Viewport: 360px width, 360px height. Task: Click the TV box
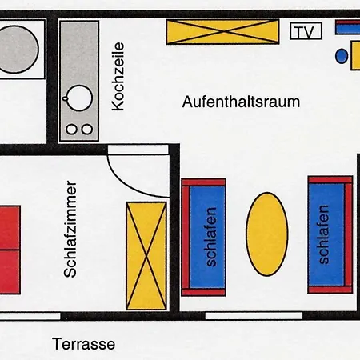(306, 32)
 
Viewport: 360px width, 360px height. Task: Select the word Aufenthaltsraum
(241, 102)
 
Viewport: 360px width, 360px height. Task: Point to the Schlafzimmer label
(70, 228)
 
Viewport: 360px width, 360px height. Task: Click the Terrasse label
(84, 345)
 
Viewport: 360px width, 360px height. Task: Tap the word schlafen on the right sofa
(324, 235)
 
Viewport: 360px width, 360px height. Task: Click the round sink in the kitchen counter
(79, 98)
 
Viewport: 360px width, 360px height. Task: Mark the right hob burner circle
(86, 129)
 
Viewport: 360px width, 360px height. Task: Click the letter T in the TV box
(300, 32)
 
